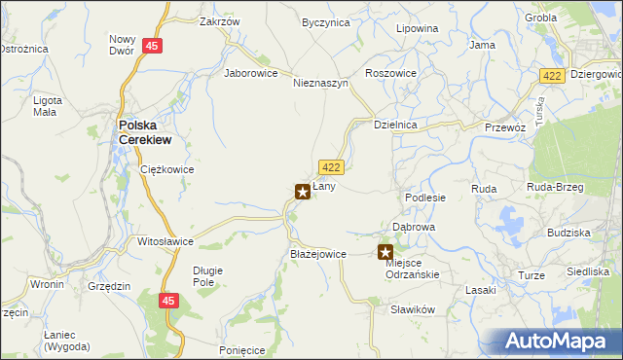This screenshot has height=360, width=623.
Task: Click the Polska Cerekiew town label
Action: [x=145, y=131]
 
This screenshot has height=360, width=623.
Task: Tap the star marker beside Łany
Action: [x=303, y=192]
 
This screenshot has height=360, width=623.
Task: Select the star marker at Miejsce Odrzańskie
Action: [x=385, y=252]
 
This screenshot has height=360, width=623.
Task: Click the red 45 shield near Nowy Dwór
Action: [x=151, y=46]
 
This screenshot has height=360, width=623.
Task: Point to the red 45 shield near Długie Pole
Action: [x=169, y=303]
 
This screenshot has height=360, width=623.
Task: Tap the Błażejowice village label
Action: [x=318, y=254]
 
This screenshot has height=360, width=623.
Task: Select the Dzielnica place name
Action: [x=396, y=125]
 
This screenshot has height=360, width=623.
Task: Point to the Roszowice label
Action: [x=390, y=73]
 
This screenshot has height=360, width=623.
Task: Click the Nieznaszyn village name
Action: [x=321, y=84]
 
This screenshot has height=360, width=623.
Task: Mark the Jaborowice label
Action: [x=251, y=73]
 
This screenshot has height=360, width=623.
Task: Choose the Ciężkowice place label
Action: [x=167, y=169]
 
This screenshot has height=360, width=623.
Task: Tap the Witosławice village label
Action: [x=165, y=240]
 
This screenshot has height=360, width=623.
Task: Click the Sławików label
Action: [x=411, y=308]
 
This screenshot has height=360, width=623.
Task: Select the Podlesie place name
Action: [x=425, y=197]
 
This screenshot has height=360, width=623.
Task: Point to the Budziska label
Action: [x=568, y=234]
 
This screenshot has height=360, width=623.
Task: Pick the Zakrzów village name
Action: [x=219, y=21]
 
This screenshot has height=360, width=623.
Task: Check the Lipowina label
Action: [x=417, y=29]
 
